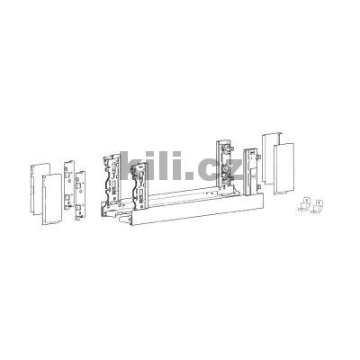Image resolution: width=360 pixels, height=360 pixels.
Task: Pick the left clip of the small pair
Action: (x=305, y=204)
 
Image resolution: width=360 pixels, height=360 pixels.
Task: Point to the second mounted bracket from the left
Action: (x=140, y=190)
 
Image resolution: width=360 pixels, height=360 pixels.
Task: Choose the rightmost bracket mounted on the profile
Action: (x=249, y=171)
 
